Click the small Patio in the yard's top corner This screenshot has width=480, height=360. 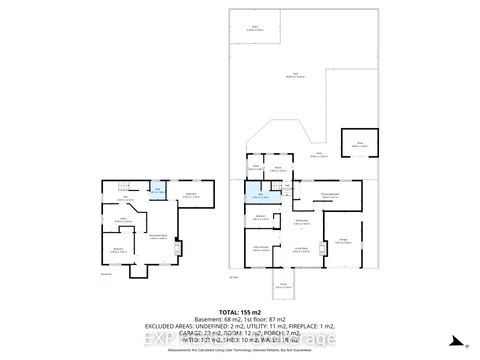click(255, 27)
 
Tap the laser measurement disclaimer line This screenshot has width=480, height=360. click(239, 348)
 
